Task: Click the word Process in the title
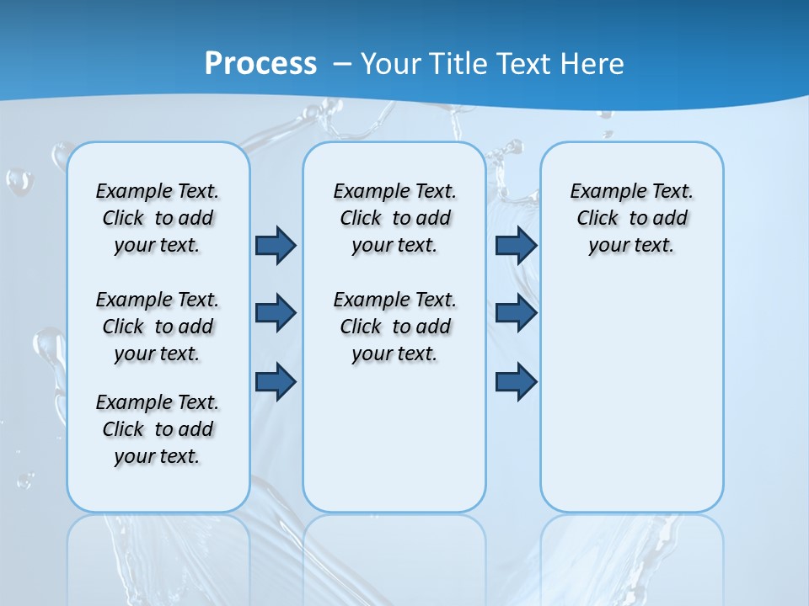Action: tap(260, 64)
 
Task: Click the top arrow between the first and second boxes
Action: tap(276, 245)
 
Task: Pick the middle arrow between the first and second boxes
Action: tap(276, 313)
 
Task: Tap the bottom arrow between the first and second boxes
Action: tap(276, 381)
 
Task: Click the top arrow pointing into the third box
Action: tap(516, 245)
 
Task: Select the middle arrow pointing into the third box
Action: tap(516, 313)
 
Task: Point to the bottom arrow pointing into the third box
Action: tap(516, 381)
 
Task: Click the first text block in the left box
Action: tap(158, 218)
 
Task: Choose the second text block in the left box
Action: tap(158, 327)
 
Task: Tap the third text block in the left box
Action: tap(158, 429)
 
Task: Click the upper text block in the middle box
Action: tap(394, 218)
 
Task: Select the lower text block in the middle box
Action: tap(394, 327)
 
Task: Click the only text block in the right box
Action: tap(631, 218)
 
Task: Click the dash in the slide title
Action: tap(343, 64)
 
